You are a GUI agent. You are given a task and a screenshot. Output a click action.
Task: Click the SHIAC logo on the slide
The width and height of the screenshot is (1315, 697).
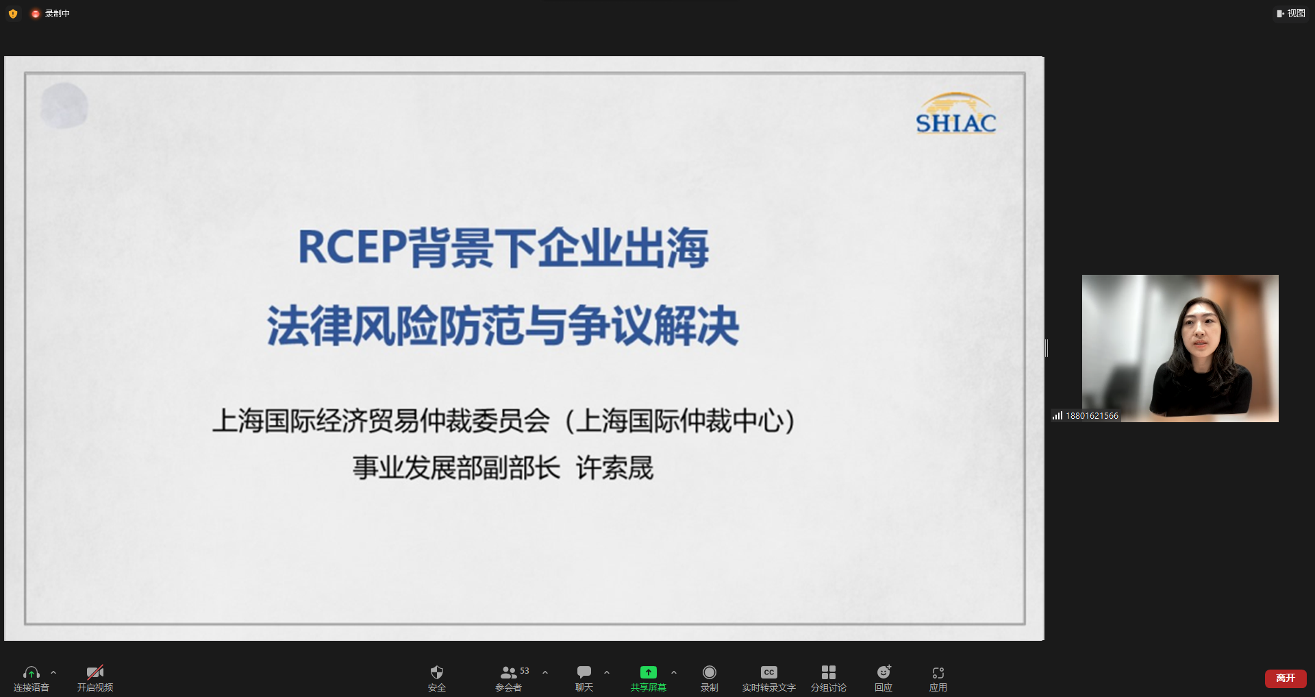(956, 113)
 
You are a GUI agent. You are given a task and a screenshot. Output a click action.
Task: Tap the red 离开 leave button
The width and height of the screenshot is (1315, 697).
(1286, 678)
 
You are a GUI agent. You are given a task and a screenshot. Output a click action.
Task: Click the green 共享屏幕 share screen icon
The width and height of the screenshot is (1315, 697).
(648, 672)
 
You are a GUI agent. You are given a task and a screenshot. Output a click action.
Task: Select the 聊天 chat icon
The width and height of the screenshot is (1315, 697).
(584, 672)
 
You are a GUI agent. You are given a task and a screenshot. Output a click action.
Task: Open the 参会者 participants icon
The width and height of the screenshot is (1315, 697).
(508, 672)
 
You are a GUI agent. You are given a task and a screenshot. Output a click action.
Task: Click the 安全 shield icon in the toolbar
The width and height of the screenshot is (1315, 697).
(437, 672)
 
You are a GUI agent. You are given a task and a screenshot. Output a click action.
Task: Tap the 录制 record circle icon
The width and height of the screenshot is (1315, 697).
(710, 672)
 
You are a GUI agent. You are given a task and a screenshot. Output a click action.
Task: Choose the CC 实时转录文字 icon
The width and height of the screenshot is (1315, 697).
(769, 672)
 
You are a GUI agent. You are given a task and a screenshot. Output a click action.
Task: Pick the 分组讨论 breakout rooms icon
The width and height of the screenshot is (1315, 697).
(829, 672)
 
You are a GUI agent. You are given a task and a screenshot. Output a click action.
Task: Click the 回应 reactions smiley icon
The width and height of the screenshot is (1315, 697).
(884, 672)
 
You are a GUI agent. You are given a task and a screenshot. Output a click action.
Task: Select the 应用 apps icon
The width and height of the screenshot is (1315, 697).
(938, 672)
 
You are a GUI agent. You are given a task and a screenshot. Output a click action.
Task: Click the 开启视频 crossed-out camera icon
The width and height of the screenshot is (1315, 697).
(95, 672)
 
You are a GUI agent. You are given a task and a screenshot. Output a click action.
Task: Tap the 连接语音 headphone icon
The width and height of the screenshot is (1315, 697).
(32, 672)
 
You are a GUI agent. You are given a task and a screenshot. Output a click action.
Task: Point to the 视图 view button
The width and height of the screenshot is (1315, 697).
(1291, 13)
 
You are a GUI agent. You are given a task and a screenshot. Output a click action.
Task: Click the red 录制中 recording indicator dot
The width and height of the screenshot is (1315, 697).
(36, 14)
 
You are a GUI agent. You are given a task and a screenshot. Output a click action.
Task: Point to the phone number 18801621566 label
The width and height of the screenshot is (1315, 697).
(1092, 415)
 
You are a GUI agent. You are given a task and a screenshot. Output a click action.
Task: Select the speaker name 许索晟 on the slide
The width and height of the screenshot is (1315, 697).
(615, 468)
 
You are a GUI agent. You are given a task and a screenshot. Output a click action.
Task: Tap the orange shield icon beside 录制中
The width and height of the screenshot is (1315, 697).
(13, 14)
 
